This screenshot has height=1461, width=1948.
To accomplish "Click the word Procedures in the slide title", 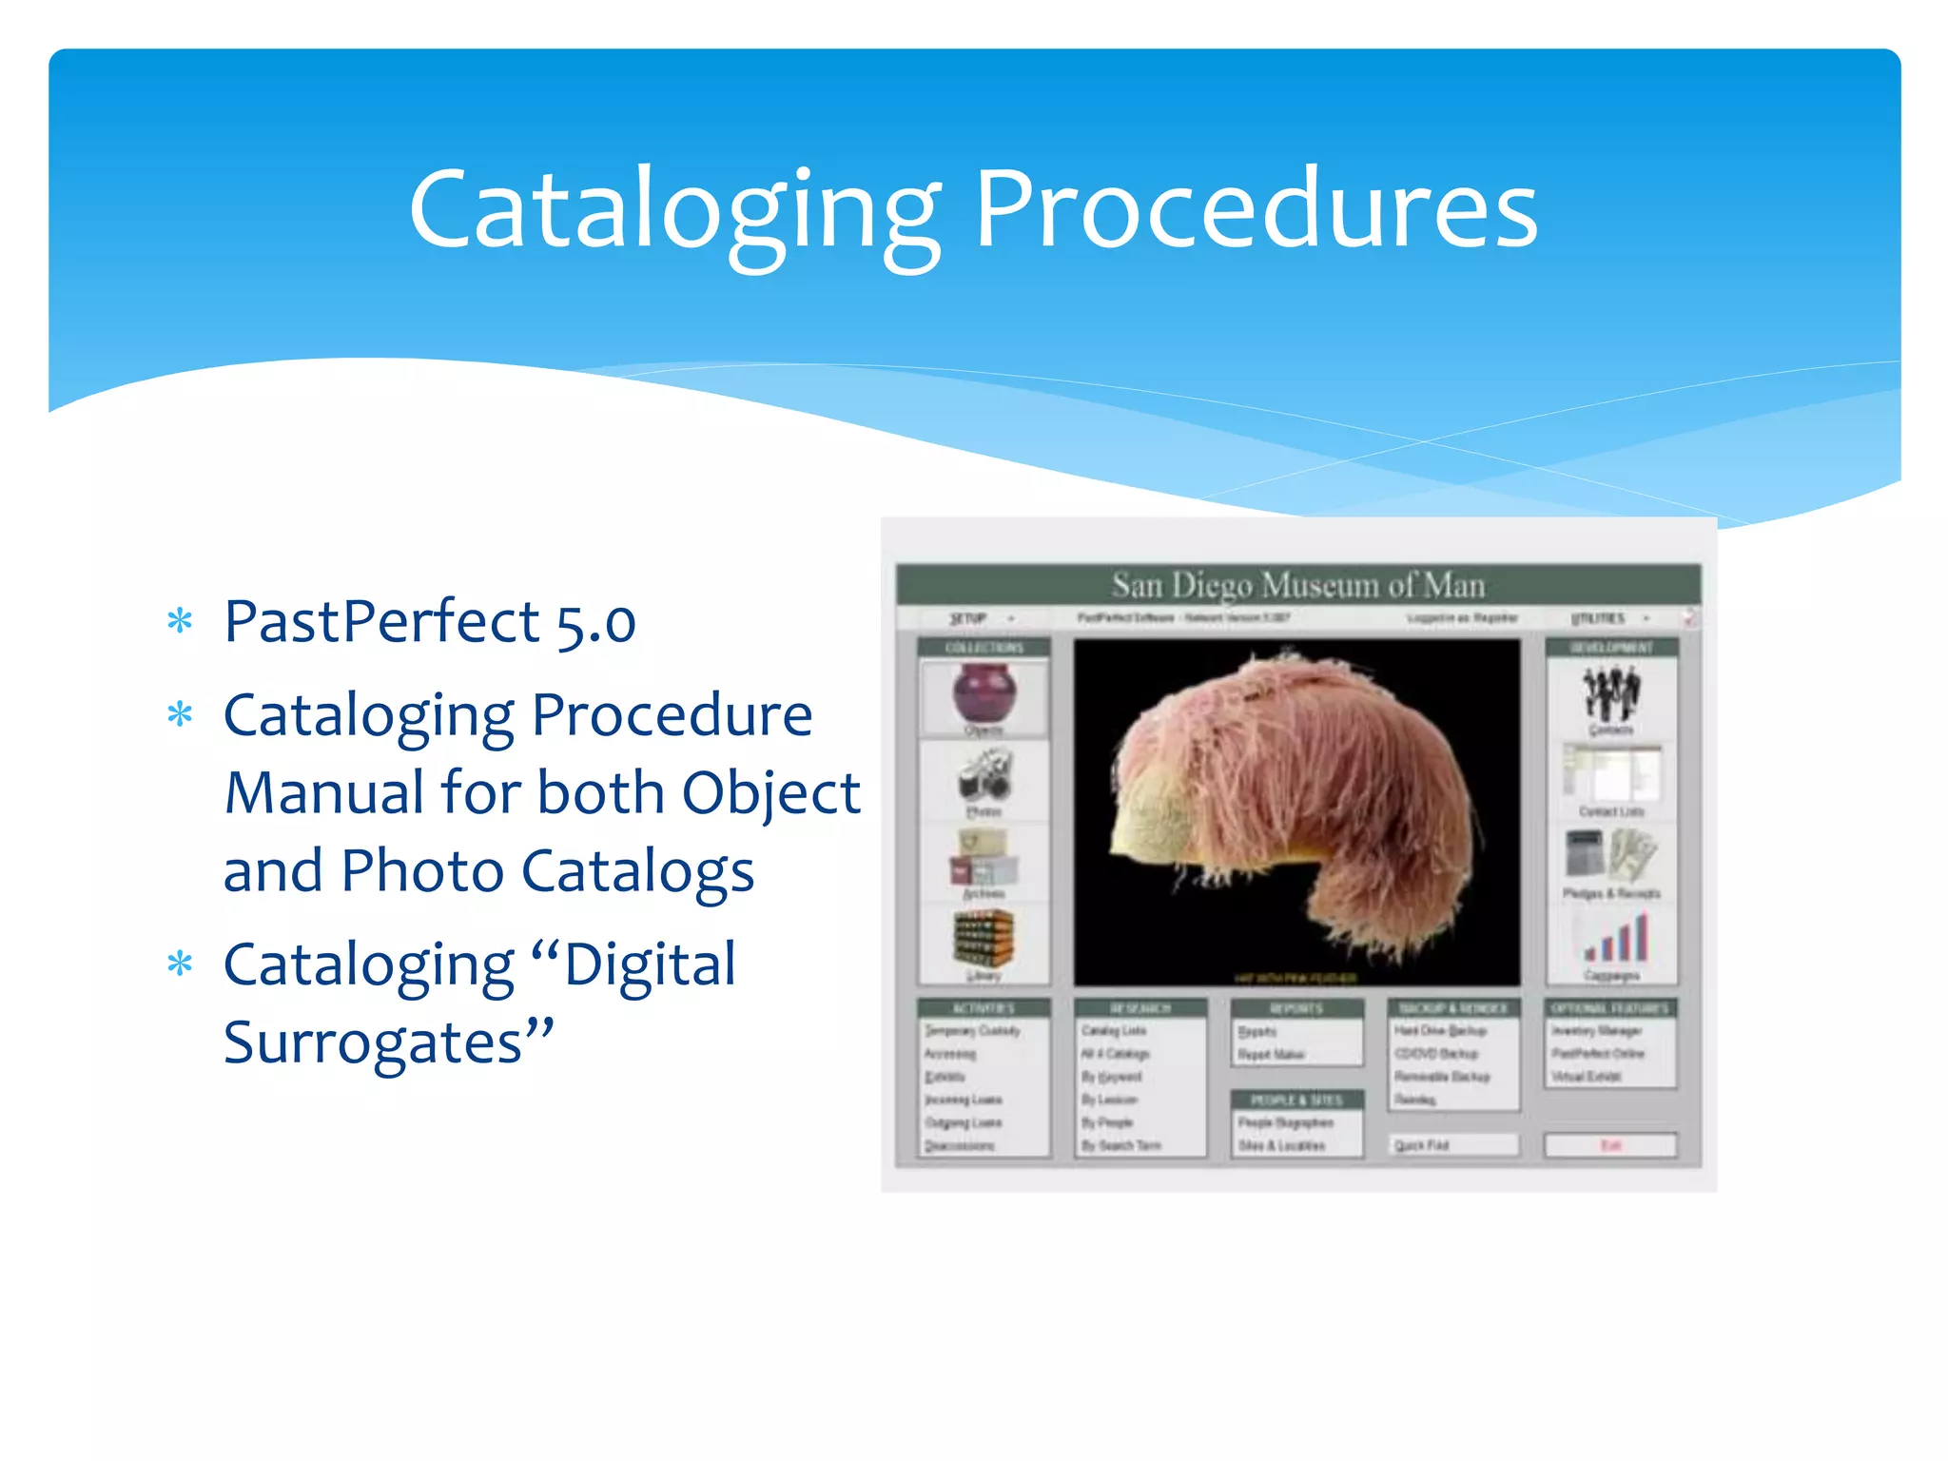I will click(1256, 209).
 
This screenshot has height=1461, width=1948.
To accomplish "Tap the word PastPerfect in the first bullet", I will click(381, 622).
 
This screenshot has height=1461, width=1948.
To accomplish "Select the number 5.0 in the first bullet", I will click(595, 624).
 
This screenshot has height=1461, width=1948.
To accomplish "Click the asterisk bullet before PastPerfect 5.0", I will click(180, 622).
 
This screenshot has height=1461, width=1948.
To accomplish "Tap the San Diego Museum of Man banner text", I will click(1297, 584).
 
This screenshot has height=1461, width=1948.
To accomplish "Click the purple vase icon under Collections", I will click(984, 693).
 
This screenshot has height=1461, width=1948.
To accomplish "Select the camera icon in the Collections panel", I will click(984, 776).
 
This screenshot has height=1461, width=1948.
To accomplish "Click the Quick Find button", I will click(1452, 1145).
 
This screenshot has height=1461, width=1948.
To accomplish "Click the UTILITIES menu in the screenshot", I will click(1599, 618).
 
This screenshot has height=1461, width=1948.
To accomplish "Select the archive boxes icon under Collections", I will click(984, 858).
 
